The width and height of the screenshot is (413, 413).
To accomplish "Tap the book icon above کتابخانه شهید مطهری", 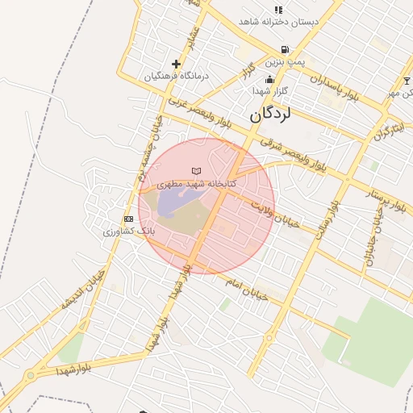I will pyautogui.click(x=196, y=171).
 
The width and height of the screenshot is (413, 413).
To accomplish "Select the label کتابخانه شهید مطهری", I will pyautogui.click(x=197, y=184).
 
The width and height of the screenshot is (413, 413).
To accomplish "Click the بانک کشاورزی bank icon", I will pyautogui.click(x=128, y=219).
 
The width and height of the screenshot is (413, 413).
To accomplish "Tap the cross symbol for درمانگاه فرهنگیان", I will pyautogui.click(x=176, y=63).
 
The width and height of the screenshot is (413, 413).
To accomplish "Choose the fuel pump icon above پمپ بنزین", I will pyautogui.click(x=285, y=50).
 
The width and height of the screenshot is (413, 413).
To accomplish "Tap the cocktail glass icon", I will pyautogui.click(x=407, y=81).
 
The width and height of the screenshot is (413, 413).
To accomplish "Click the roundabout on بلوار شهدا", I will pyautogui.click(x=31, y=374).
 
